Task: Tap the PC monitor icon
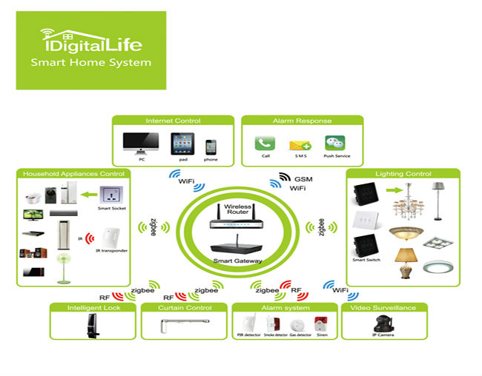click(x=140, y=142)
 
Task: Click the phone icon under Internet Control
click(x=211, y=145)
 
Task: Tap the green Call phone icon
click(x=265, y=144)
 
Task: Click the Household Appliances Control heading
click(x=73, y=174)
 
